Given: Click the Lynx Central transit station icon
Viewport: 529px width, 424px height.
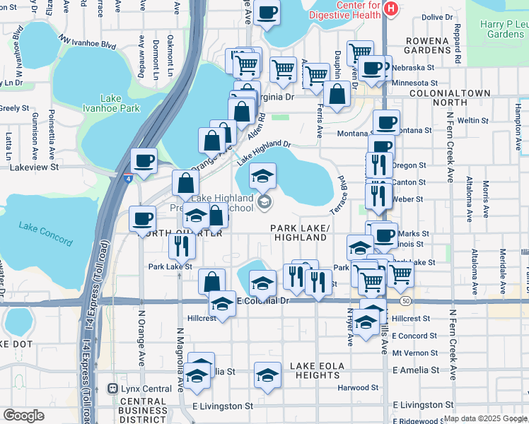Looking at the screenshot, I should click(112, 388).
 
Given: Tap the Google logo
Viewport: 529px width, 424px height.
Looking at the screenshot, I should click(23, 416).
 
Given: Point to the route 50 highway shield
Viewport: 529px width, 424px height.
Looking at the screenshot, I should click(405, 301).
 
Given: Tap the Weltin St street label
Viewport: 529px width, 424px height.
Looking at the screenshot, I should click(473, 121).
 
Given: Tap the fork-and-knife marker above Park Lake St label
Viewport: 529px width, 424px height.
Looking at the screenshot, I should click(180, 245).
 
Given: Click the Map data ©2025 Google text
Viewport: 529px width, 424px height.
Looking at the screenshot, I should click(485, 418).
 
